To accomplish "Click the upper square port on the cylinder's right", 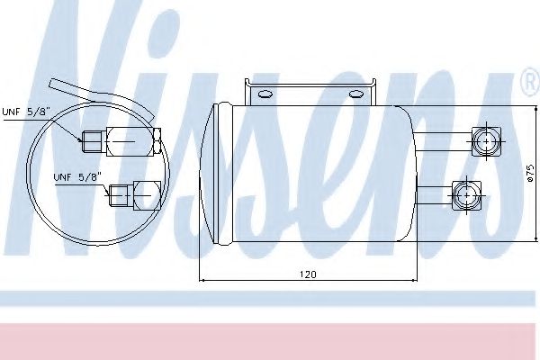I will (x=486, y=140).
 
